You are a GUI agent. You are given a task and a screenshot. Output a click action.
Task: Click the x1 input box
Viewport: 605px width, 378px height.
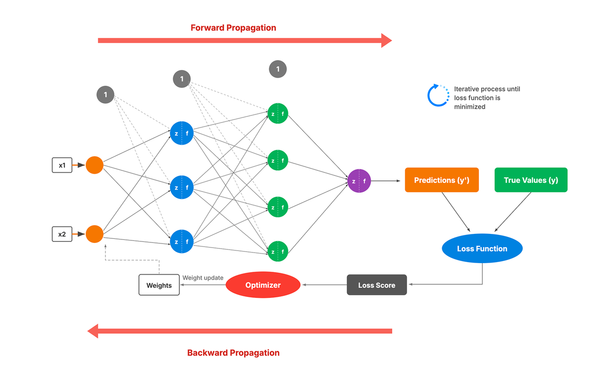click(x=62, y=165)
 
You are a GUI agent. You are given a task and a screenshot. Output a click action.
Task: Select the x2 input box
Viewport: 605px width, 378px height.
click(x=62, y=234)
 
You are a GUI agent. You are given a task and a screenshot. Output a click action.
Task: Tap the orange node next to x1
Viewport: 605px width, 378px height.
click(x=94, y=165)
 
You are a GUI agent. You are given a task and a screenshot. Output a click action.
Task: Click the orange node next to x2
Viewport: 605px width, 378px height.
click(x=94, y=234)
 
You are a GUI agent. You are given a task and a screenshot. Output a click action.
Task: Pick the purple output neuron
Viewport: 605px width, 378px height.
click(x=359, y=181)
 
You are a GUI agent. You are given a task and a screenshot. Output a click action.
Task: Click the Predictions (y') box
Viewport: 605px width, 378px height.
click(x=442, y=180)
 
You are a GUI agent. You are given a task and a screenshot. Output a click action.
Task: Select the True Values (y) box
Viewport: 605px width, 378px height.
click(x=531, y=180)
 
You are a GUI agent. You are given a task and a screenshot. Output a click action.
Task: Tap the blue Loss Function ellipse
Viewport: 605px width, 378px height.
click(x=482, y=248)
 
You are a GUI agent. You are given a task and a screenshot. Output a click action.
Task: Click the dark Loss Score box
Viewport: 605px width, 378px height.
click(x=377, y=285)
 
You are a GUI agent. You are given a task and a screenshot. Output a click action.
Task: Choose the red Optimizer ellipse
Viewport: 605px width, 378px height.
click(x=263, y=285)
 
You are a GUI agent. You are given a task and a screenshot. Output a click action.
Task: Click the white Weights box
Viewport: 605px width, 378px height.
click(x=159, y=285)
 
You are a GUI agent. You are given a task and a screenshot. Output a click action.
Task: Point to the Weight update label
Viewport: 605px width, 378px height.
click(x=203, y=278)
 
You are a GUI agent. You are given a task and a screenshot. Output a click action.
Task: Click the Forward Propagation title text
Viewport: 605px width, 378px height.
click(x=233, y=28)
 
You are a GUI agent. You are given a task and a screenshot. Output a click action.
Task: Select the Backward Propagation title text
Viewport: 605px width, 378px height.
click(x=233, y=353)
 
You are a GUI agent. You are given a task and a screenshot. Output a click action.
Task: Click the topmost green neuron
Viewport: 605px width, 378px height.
click(x=278, y=113)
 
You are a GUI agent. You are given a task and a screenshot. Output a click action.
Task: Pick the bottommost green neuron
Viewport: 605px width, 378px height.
click(x=278, y=251)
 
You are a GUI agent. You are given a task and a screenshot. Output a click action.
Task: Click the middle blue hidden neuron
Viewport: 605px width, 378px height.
click(x=182, y=187)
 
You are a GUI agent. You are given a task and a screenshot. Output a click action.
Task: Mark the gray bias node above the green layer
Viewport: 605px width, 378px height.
click(x=278, y=69)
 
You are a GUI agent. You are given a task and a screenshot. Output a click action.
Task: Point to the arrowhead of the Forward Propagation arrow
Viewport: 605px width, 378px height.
click(x=386, y=40)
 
